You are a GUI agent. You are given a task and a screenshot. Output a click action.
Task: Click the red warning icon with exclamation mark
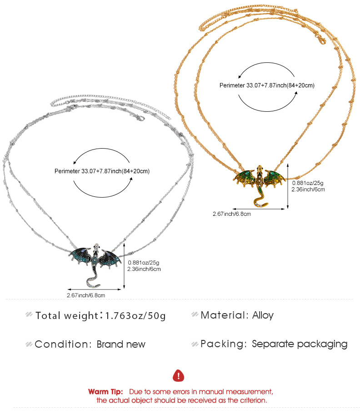179,376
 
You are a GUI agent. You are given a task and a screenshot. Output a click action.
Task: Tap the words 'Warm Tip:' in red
105,392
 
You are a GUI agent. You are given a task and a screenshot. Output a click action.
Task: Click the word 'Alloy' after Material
263,315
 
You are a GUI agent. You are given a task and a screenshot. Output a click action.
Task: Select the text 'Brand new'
121,344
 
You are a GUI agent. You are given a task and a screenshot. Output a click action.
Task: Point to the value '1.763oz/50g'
135,316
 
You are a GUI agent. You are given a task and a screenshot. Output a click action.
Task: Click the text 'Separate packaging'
300,344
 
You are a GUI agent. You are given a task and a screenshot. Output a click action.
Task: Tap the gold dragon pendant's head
259,169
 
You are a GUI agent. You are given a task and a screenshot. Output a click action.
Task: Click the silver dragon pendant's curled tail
93,280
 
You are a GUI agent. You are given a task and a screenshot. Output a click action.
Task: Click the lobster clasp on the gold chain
321,39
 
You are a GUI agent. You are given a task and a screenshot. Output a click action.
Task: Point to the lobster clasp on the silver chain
140,118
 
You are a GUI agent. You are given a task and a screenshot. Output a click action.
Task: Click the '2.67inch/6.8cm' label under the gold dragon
232,214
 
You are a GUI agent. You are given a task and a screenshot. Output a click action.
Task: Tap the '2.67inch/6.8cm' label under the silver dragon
86,295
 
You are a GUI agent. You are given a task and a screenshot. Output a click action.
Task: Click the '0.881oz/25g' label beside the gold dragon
308,183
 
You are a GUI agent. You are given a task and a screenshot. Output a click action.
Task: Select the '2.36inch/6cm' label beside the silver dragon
144,269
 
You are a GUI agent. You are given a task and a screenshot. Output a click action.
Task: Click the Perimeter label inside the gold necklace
267,85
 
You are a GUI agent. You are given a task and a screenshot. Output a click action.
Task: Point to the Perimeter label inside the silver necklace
102,171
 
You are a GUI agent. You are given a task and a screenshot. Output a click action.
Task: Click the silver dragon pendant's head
96,247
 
